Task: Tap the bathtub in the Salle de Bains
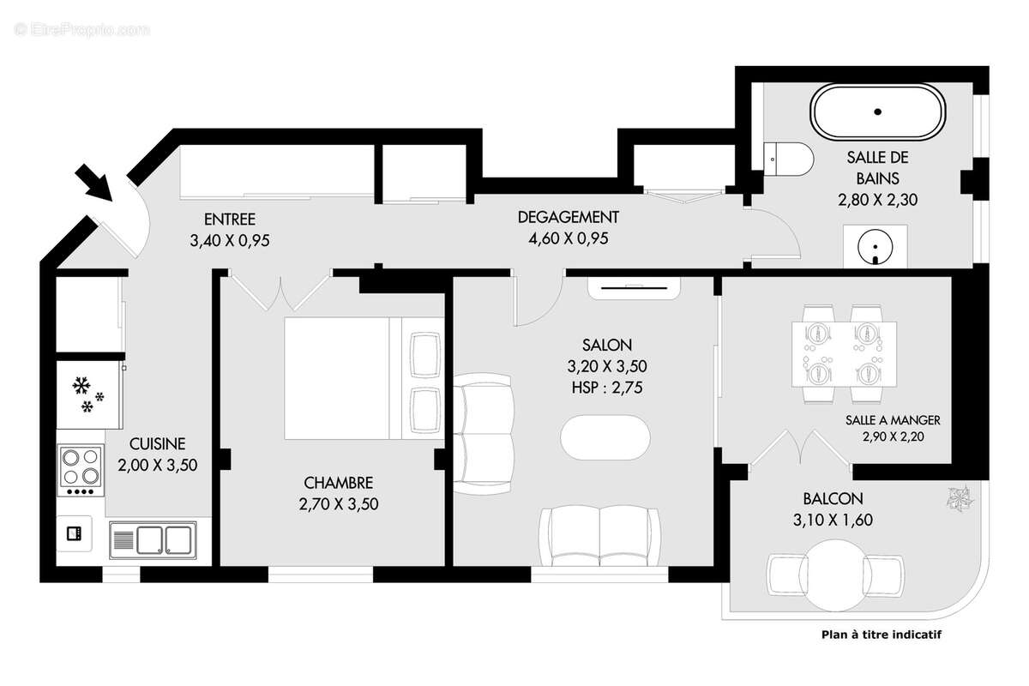click(878, 112)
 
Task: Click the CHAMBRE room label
click(339, 483)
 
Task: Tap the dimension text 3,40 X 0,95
click(230, 241)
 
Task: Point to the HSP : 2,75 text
click(606, 388)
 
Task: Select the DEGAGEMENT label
click(568, 218)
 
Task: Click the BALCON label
click(833, 498)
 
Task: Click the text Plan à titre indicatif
click(882, 635)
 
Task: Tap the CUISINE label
click(157, 443)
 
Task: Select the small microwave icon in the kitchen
click(75, 533)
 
